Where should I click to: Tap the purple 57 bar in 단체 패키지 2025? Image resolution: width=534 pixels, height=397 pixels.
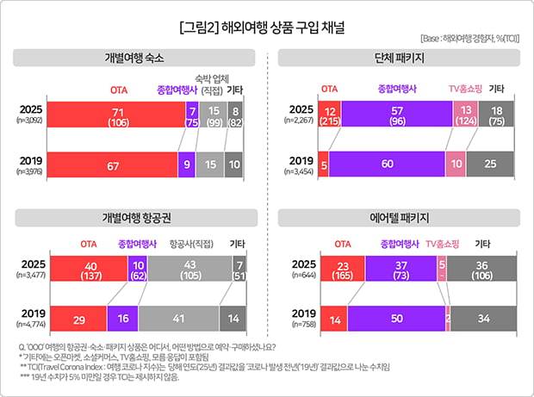pyautogui.click(x=396, y=115)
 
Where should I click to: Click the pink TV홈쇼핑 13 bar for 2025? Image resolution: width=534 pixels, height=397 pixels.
pyautogui.click(x=465, y=115)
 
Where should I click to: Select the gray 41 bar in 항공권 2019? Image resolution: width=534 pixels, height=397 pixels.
pyautogui.click(x=178, y=319)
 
